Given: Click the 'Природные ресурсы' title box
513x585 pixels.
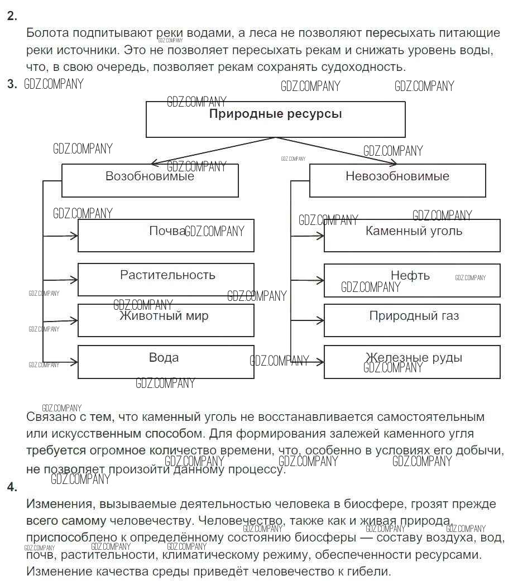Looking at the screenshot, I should (275, 119).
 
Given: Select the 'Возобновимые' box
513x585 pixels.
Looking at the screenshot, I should (150, 180).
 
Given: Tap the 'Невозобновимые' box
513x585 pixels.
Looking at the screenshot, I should (397, 180).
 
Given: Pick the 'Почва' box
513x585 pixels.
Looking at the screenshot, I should (166, 236).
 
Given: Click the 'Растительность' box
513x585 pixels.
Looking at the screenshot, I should (166, 279).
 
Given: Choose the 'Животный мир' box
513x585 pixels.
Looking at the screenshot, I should (166, 320).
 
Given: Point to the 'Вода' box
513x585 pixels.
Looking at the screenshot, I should (166, 362).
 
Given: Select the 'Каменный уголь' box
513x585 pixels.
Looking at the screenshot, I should (412, 236).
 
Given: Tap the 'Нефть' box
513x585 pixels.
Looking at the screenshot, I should (412, 279).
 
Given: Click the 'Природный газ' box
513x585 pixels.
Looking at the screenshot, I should (412, 320).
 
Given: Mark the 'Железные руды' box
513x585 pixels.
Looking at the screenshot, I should (412, 362).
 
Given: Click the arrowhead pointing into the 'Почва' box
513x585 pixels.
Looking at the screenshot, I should (74, 236).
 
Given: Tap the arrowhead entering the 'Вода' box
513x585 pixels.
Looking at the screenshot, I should (74, 362).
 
